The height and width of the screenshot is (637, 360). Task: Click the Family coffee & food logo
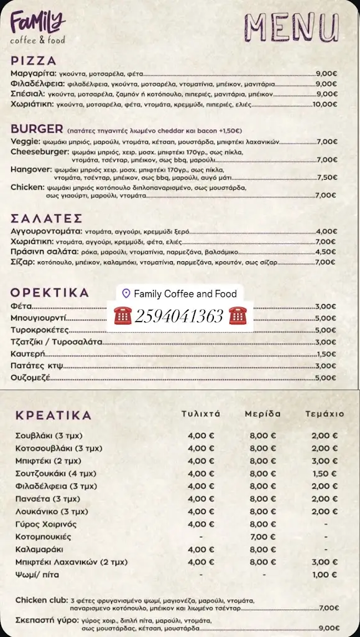point(38,29)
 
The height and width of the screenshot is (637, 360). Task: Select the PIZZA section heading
point(34,61)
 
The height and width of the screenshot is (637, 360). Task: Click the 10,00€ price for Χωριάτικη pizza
point(325,105)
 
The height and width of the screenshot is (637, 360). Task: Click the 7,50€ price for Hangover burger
point(327,177)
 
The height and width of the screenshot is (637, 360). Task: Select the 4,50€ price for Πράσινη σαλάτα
point(326,252)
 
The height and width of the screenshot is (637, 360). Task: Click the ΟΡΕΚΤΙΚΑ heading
point(50,292)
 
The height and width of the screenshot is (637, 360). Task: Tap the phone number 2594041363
point(177,317)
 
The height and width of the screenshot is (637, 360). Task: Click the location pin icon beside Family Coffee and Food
point(126,294)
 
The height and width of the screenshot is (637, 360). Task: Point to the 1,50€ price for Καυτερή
point(326,354)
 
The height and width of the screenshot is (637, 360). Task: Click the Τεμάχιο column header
point(324,414)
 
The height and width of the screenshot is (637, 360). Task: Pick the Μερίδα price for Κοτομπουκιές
point(263,536)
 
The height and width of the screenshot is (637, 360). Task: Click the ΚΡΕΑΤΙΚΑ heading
point(53,415)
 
